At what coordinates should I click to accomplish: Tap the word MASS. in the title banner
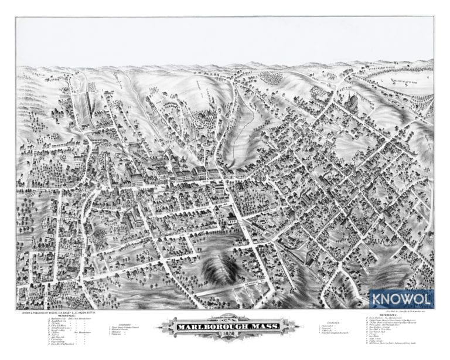[x=266, y=326]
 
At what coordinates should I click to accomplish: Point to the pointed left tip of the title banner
[x=157, y=327]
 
